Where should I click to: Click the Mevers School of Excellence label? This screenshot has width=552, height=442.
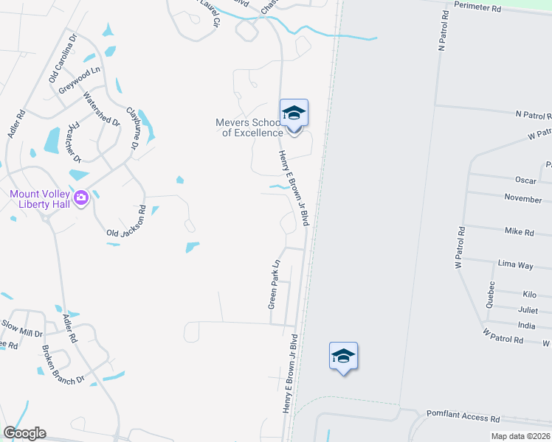tap(249, 127)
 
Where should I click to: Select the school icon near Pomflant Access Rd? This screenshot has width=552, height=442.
tap(343, 357)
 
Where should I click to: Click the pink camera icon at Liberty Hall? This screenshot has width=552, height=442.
tap(81, 197)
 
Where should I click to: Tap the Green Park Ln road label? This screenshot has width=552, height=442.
tap(274, 284)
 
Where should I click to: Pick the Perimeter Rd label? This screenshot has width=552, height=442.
tap(477, 8)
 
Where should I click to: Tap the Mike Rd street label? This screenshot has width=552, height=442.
tap(519, 231)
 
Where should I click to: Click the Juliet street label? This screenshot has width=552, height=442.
tap(527, 310)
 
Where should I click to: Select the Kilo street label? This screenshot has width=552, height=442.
tap(529, 294)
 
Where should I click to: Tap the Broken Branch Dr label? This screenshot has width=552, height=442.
tap(63, 364)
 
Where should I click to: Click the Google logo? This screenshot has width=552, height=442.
tap(24, 433)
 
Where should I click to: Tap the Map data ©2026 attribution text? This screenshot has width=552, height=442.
tap(520, 437)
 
